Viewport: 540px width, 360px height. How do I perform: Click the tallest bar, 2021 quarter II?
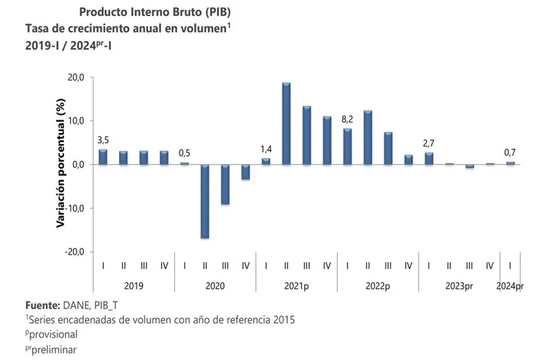coord(286,124)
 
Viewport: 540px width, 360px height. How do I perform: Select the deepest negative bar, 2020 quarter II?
coord(205,201)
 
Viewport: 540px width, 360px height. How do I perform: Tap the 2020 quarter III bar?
coord(225,184)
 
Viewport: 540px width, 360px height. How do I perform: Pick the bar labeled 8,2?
coord(348,147)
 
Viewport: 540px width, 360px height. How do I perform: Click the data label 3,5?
coord(103,140)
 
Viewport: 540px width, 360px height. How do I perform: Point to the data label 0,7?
coord(510,153)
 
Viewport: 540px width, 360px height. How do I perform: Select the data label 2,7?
coord(429,143)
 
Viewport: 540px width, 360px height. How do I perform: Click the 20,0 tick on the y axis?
coord(74,78)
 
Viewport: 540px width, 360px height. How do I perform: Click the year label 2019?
coord(133,286)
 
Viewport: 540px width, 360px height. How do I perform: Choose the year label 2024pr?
coord(510,286)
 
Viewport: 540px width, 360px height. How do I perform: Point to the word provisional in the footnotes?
coord(53,334)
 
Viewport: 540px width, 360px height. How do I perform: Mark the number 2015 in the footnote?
coord(282,319)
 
